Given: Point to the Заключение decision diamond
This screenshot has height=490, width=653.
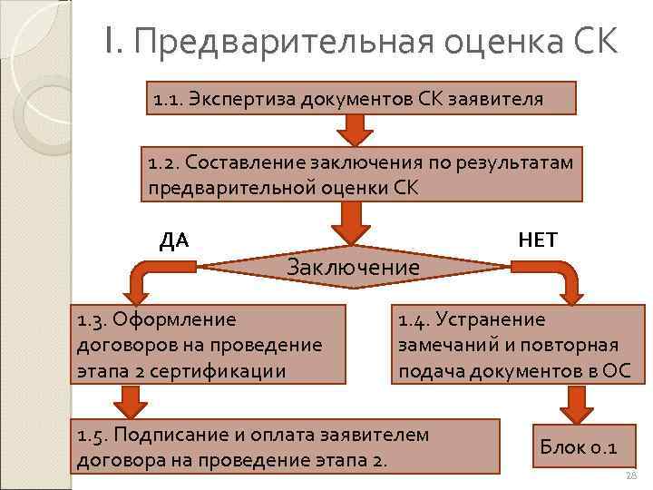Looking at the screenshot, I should coord(353,266).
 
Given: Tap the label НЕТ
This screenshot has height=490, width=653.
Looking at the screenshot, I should coord(538,240).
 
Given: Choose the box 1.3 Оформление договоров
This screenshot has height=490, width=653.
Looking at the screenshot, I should coord(210,344).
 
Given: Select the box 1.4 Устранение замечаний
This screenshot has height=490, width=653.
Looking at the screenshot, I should coord(516,344).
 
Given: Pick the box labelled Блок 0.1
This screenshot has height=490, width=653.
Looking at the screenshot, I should coord(579,446).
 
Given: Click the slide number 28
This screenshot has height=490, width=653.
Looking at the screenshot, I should coord(632,477).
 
